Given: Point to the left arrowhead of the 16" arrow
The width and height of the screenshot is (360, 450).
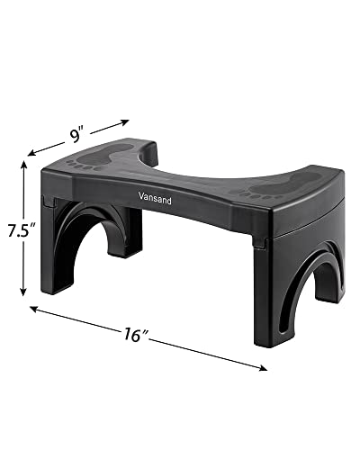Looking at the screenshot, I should click(x=34, y=309).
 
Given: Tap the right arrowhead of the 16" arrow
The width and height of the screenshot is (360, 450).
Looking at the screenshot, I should click(x=265, y=366).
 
